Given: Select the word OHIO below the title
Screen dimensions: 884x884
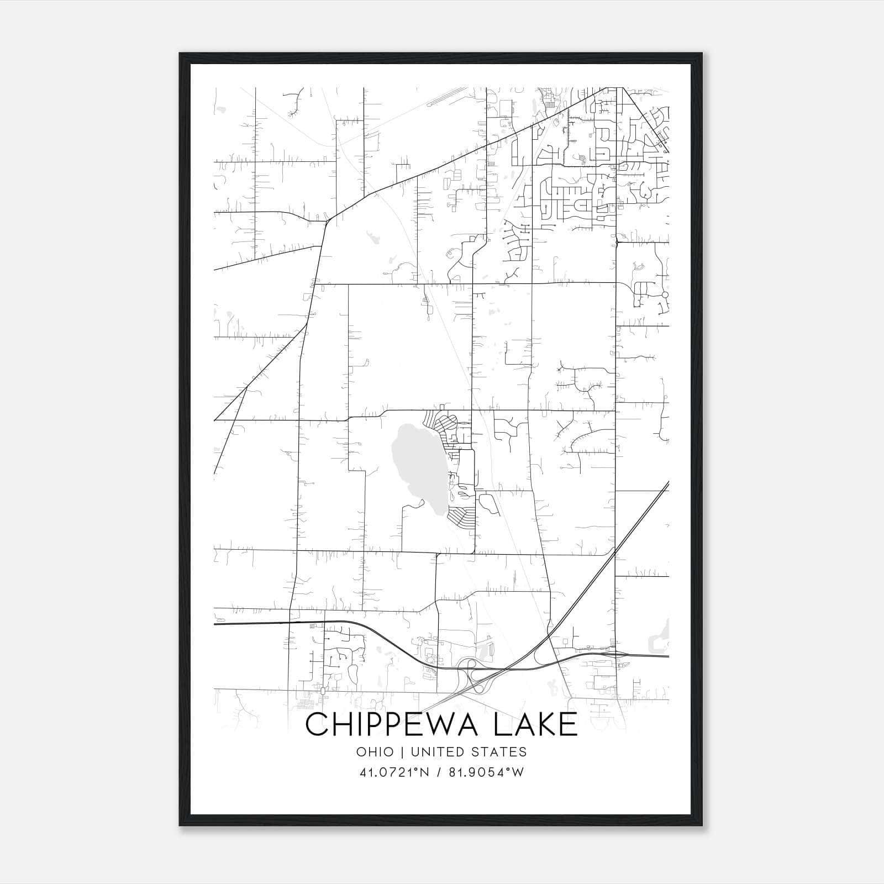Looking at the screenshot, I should point(375,752).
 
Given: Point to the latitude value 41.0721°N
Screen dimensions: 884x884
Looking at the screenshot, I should point(393,772).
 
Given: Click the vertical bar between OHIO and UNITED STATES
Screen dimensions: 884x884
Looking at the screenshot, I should point(402,752).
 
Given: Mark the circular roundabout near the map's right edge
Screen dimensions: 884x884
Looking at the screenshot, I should point(665,295).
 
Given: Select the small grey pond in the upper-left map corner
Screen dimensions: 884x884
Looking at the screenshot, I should point(222,110).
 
